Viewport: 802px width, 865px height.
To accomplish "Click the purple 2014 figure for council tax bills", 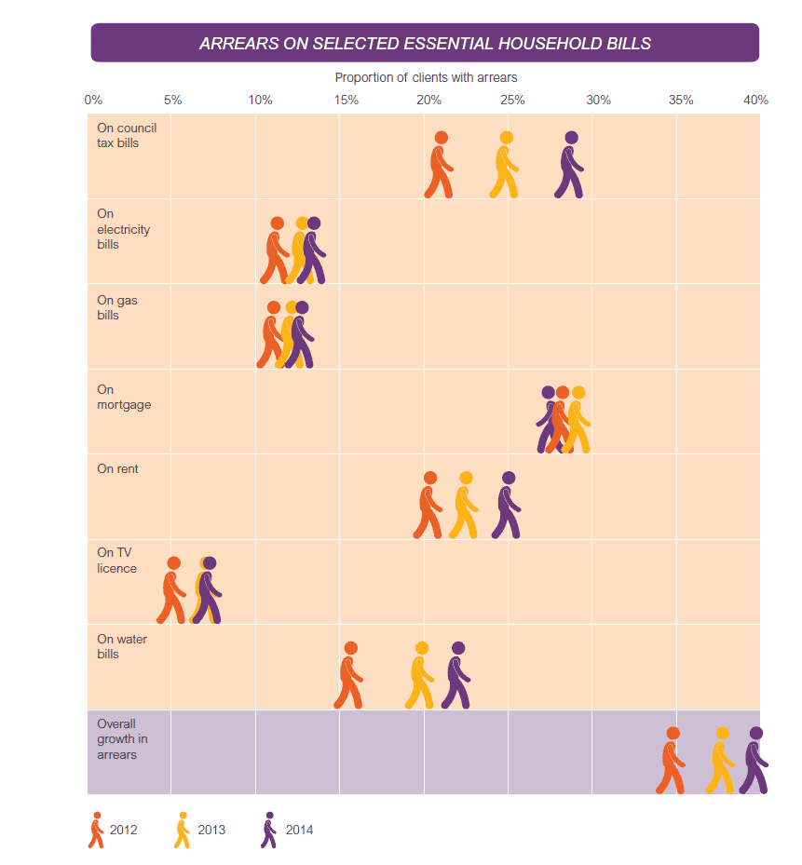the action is (569, 166).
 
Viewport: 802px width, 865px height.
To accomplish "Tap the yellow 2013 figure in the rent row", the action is (464, 506).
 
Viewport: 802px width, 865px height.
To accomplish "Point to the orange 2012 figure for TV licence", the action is (171, 591).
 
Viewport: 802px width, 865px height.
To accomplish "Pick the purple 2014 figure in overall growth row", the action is (754, 762).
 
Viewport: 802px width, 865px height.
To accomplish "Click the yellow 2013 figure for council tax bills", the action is (504, 166).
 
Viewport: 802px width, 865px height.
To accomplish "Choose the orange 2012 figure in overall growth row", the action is (672, 762).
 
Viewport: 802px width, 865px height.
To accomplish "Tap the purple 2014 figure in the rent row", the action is (507, 506).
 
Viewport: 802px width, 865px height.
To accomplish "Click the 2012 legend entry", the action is (113, 830).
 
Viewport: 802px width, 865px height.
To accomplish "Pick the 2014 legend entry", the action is (287, 830).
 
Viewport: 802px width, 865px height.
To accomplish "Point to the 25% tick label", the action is (512, 100).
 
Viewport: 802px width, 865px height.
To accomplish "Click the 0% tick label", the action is (93, 100).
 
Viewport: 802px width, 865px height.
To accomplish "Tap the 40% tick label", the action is (755, 100).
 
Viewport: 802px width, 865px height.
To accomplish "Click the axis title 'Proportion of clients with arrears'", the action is (426, 78).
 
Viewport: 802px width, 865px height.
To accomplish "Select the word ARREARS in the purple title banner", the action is (239, 44).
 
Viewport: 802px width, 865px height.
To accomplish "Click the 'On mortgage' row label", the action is (124, 398).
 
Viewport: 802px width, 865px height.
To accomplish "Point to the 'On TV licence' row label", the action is (117, 561).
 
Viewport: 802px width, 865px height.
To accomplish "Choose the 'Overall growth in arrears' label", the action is (123, 739).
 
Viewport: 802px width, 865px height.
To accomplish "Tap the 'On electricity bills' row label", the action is (124, 229).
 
